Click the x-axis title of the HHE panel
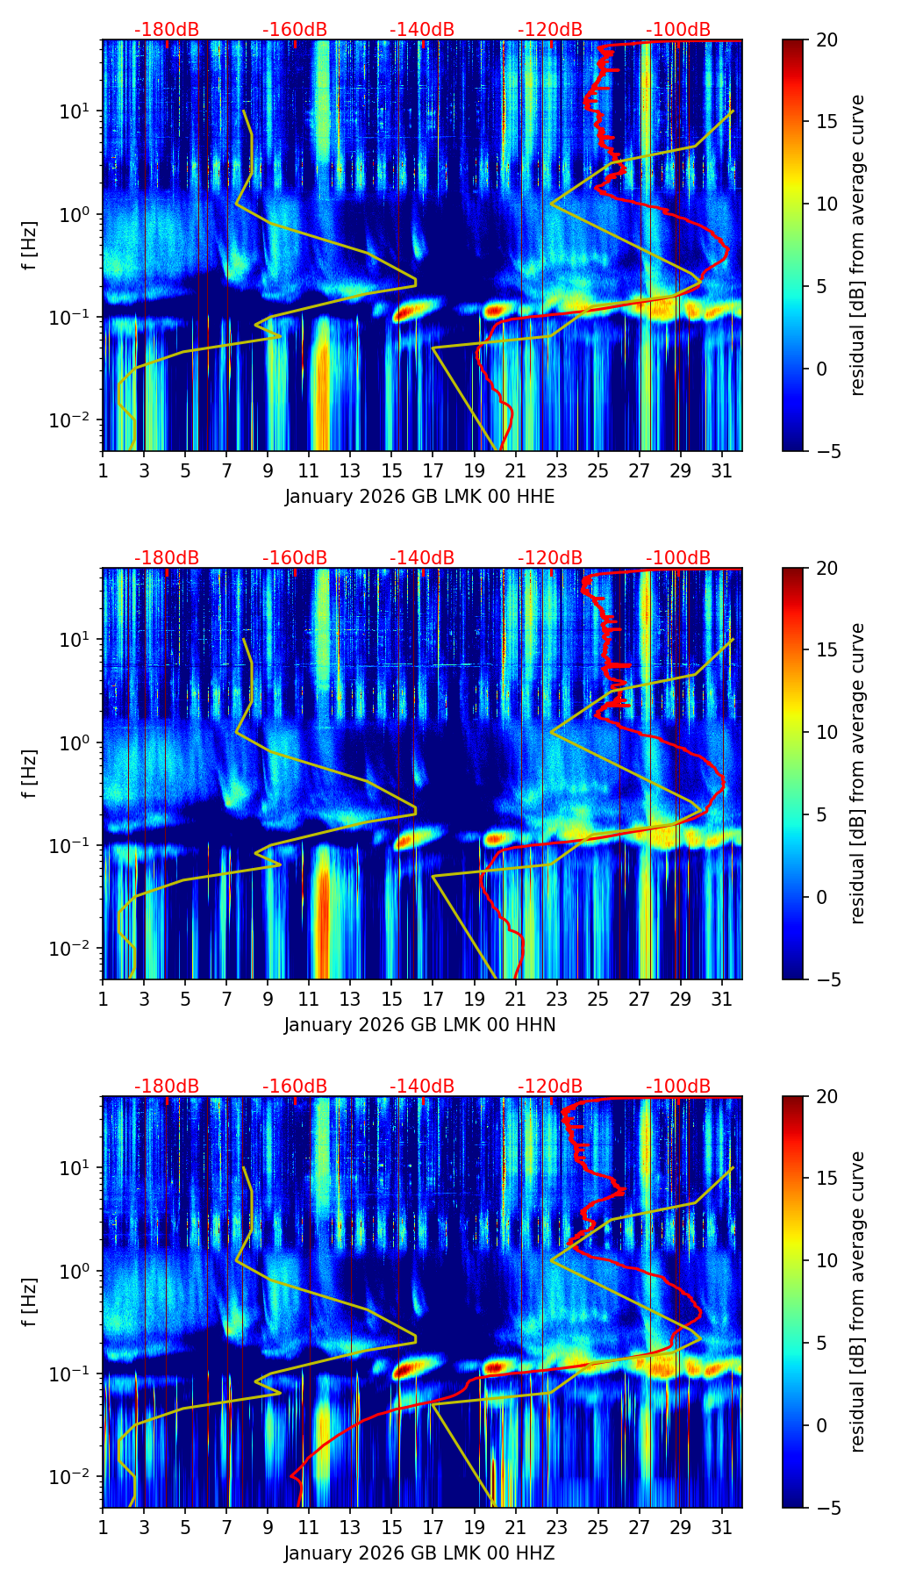click(419, 497)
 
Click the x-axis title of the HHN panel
click(419, 1025)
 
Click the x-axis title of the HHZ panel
click(419, 1553)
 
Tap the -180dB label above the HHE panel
click(167, 30)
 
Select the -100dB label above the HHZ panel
click(678, 1087)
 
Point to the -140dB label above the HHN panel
click(422, 558)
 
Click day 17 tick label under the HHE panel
click(433, 470)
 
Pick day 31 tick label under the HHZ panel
click(722, 1526)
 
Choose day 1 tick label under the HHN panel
click(103, 998)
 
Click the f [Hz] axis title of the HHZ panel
click(30, 1302)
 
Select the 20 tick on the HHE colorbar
click(826, 39)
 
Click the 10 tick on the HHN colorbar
click(826, 732)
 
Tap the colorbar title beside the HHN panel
click(858, 773)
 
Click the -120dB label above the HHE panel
click(550, 30)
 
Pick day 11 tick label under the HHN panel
click(308, 998)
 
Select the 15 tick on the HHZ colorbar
click(826, 1179)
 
